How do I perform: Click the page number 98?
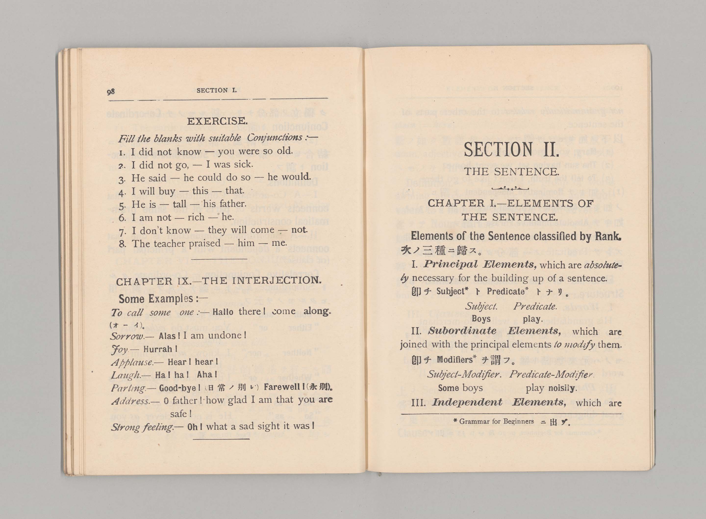[111, 92]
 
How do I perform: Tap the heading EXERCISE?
[217, 121]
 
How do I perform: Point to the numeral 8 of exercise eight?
[122, 244]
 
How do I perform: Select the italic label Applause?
[132, 362]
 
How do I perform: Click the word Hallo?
[223, 312]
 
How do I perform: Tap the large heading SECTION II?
[511, 150]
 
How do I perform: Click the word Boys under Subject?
[481, 319]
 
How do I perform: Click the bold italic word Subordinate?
[462, 331]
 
